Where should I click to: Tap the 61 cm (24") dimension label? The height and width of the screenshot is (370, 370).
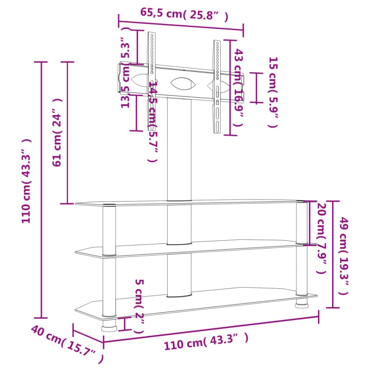[58, 132]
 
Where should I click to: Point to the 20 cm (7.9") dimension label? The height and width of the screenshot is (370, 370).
[321, 239]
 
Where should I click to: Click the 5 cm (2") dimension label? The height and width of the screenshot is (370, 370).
[139, 306]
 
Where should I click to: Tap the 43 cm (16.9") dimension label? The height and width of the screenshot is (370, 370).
[239, 88]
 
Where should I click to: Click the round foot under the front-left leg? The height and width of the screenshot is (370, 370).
[109, 326]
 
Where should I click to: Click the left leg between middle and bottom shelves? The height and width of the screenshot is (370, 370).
[109, 285]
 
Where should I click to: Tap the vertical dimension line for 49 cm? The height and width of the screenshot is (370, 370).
[332, 254]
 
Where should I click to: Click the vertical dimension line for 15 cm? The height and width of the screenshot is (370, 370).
[256, 88]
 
